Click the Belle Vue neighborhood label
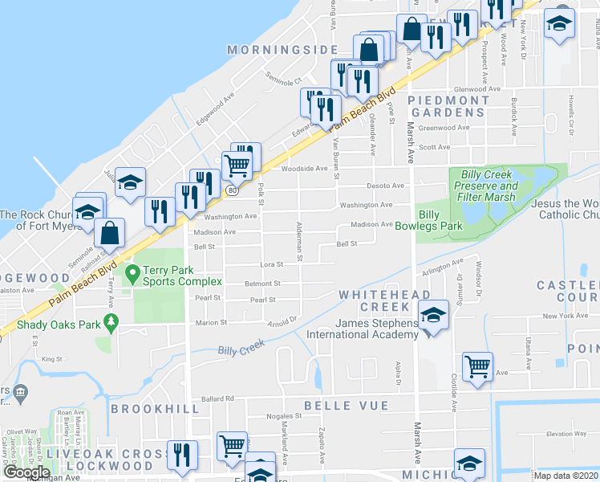(345, 406)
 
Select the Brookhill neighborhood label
(155, 409)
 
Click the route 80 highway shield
(232, 190)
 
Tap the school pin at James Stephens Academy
(434, 316)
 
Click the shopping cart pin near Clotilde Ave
(478, 366)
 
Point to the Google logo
(26, 472)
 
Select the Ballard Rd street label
(217, 398)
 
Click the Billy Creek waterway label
(241, 348)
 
